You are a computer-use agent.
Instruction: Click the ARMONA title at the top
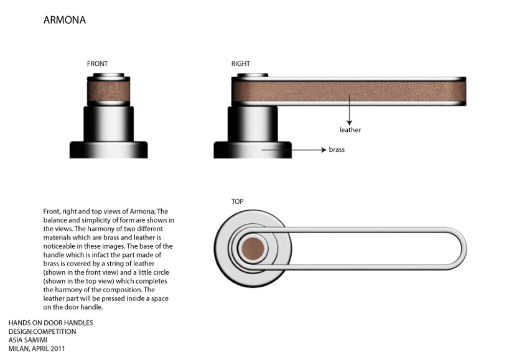pos(65,20)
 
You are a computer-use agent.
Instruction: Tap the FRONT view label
pos(98,63)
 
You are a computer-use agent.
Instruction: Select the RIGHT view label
pos(241,63)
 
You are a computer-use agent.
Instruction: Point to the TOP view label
pos(237,201)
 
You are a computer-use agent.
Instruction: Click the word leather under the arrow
pos(350,130)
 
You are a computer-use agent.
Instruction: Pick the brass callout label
pos(337,150)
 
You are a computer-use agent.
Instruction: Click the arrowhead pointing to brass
pos(323,150)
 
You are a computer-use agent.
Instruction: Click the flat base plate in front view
pos(108,149)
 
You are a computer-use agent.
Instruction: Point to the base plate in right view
pos(252,150)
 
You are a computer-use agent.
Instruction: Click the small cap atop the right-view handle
pos(252,75)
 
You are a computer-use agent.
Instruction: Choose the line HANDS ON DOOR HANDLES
pos(50,323)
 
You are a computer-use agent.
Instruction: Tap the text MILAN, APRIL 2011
pos(37,349)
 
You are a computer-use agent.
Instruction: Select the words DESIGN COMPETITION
pos(42,331)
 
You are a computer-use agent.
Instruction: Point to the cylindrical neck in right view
pos(252,123)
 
